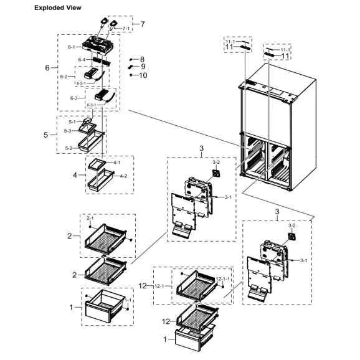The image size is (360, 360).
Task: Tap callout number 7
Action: [143, 24]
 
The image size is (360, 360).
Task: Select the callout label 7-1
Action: [126, 29]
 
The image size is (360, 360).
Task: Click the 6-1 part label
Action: [72, 47]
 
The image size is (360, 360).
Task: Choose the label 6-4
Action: [82, 60]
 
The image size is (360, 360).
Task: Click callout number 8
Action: [142, 59]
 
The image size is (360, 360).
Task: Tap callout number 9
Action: [143, 67]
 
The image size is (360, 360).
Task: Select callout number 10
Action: [143, 75]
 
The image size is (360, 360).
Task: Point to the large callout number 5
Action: [45, 134]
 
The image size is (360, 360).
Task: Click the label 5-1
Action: [72, 122]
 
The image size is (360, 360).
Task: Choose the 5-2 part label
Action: [70, 148]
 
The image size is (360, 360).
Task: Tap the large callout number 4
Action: [75, 175]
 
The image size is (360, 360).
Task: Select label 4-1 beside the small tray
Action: [116, 163]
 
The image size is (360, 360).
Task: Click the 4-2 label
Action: [123, 176]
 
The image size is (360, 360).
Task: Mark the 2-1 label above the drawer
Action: [90, 219]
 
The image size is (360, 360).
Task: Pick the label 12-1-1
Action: [222, 278]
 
